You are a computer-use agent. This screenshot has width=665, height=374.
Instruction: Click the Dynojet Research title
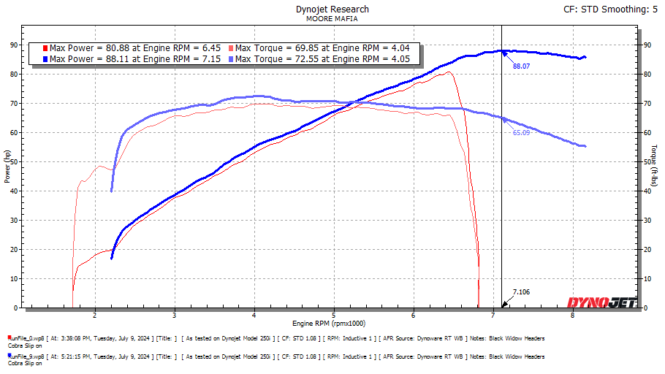332,9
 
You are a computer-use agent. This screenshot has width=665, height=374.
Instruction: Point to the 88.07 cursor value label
521,66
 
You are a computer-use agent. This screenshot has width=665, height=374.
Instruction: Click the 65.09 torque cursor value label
520,134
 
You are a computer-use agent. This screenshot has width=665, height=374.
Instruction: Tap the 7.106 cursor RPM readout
521,292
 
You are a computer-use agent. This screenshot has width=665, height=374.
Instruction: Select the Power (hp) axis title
7,167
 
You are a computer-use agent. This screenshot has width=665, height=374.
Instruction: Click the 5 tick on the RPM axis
333,316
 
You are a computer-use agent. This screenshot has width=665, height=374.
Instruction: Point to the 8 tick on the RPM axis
572,316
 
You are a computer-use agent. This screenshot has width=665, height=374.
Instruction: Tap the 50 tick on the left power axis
13,161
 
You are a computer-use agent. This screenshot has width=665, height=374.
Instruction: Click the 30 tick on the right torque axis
646,220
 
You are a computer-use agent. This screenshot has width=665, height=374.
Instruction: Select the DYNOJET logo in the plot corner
601,302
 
